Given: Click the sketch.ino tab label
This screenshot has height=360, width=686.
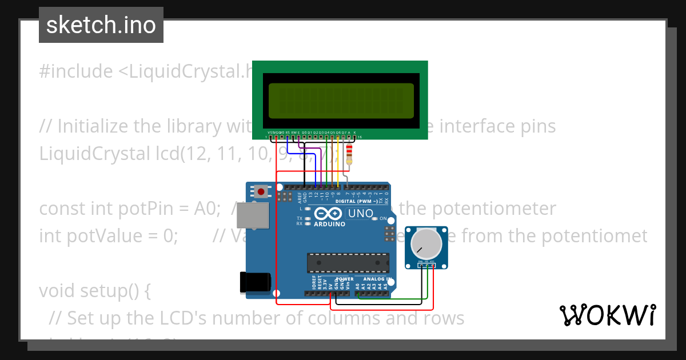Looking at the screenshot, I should click(101, 25).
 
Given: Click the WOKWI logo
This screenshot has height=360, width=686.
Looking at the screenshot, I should click(607, 315).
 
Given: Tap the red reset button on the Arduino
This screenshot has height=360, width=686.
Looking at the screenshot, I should click(261, 191).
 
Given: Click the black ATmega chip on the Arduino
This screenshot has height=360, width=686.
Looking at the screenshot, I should click(348, 262).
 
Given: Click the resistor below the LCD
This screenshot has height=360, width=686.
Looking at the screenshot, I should click(350, 154).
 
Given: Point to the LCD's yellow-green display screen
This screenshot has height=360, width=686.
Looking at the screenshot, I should click(341, 101).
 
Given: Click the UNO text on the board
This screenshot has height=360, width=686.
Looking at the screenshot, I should click(361, 214).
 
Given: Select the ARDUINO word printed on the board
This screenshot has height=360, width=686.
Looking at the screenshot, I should click(329, 224).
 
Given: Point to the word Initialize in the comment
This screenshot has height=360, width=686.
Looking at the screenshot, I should click(93, 126).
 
